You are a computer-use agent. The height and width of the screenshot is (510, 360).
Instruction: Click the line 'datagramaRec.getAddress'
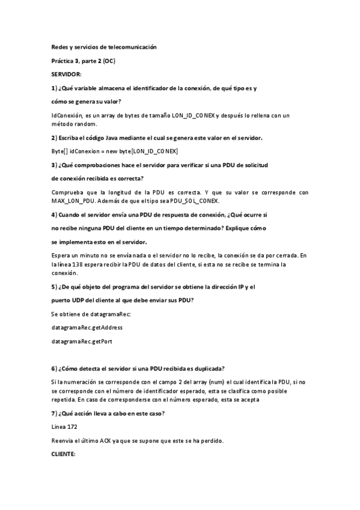(x=87, y=327)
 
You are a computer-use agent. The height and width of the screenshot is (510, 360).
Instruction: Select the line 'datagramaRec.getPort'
(x=82, y=341)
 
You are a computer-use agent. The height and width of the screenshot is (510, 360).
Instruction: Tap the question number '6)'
(x=54, y=368)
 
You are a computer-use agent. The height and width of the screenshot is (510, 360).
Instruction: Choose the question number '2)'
(x=54, y=138)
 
